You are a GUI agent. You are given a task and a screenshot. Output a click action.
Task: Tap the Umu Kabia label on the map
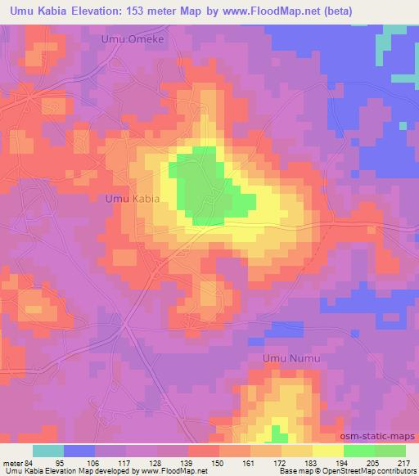(132, 198)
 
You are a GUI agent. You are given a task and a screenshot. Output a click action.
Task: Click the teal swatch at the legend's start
(48, 451)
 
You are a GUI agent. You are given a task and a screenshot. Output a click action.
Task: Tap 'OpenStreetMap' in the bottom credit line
(345, 472)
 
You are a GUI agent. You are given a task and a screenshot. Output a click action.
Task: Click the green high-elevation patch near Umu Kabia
(203, 186)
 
